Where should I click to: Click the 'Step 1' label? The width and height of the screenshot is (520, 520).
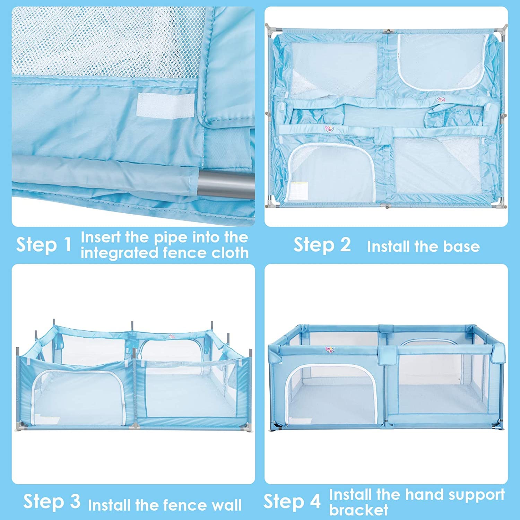[x=44, y=245]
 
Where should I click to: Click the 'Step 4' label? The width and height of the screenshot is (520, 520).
[x=292, y=501]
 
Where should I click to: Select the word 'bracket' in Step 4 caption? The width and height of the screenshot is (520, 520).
[x=359, y=510]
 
